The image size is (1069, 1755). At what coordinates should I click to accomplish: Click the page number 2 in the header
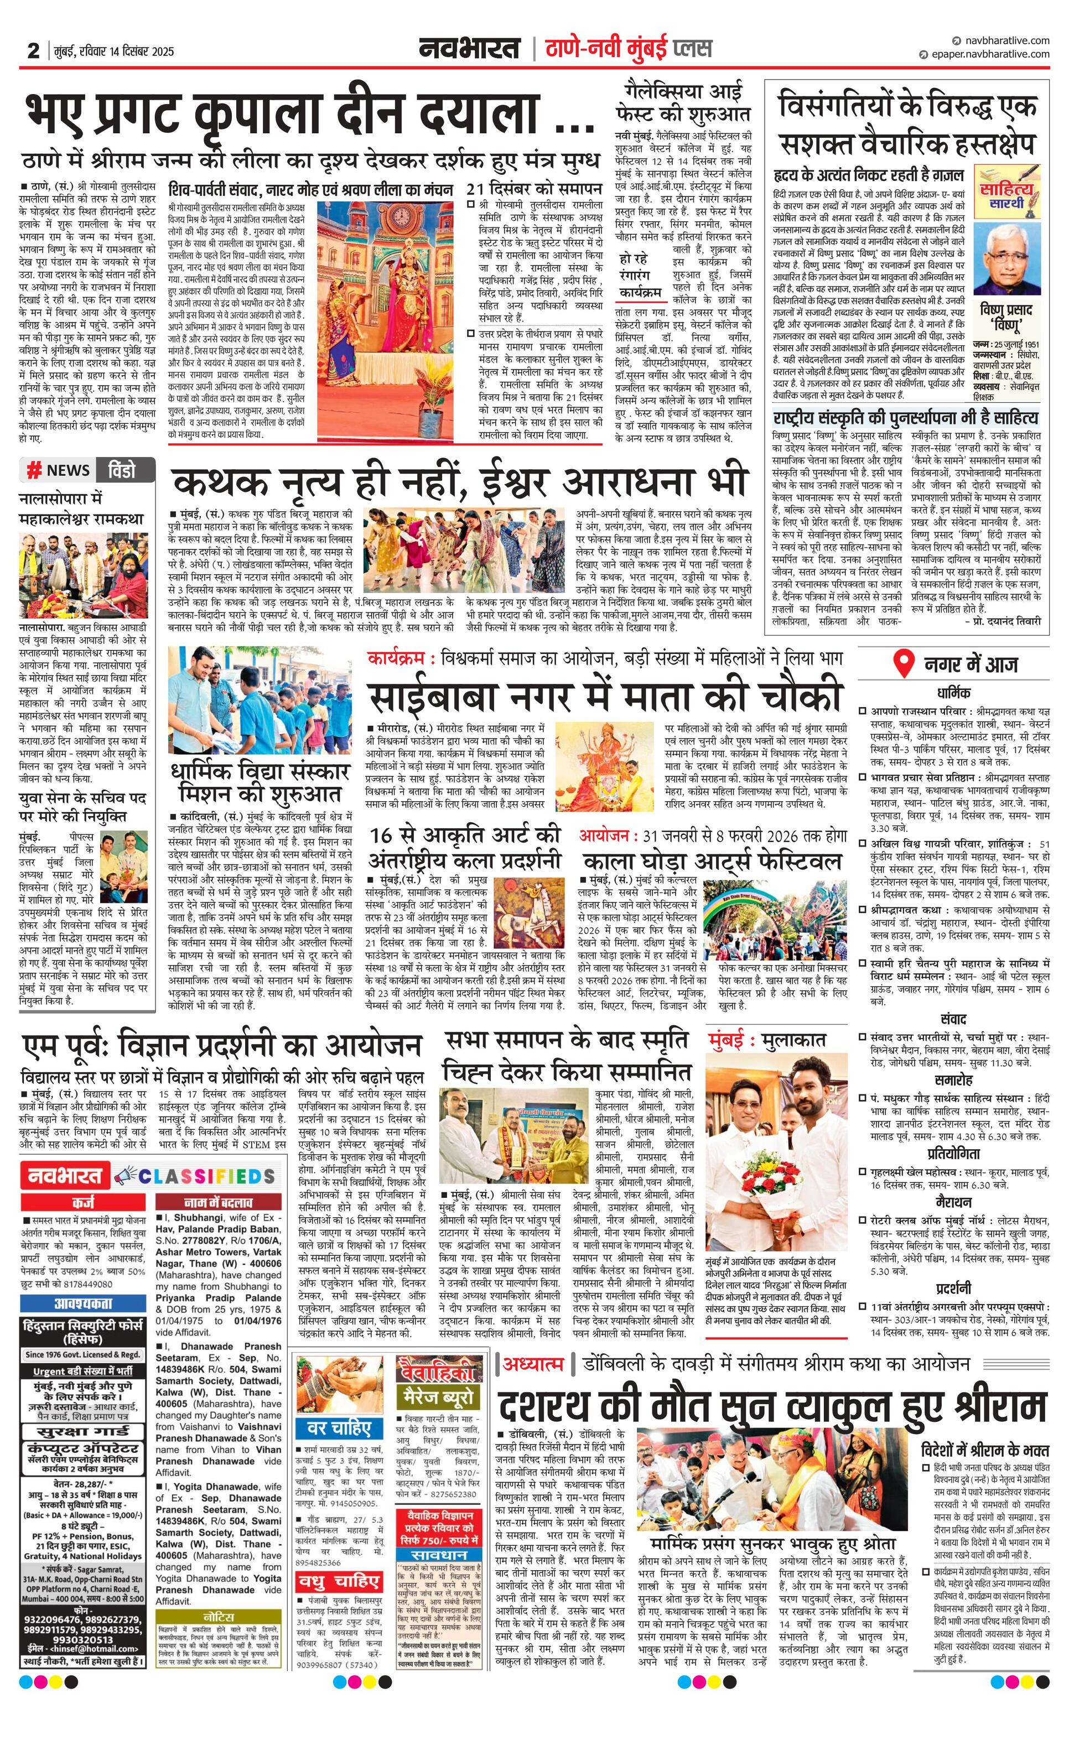33,50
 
